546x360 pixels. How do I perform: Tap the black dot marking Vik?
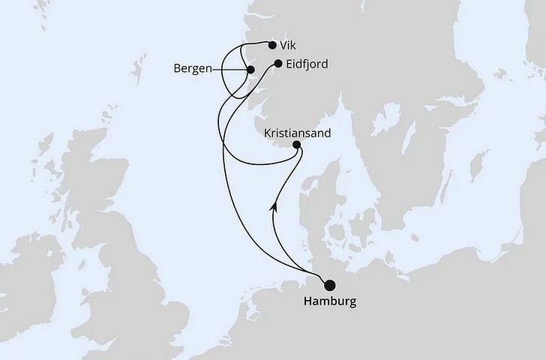coord(271,45)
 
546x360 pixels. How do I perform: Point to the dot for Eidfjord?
coord(279,64)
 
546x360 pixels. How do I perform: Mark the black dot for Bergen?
coord(251,70)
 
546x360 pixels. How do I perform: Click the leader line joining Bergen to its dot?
coord(229,70)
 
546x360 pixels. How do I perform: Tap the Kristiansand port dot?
coord(296,145)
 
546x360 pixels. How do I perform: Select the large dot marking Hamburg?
coord(329,284)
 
